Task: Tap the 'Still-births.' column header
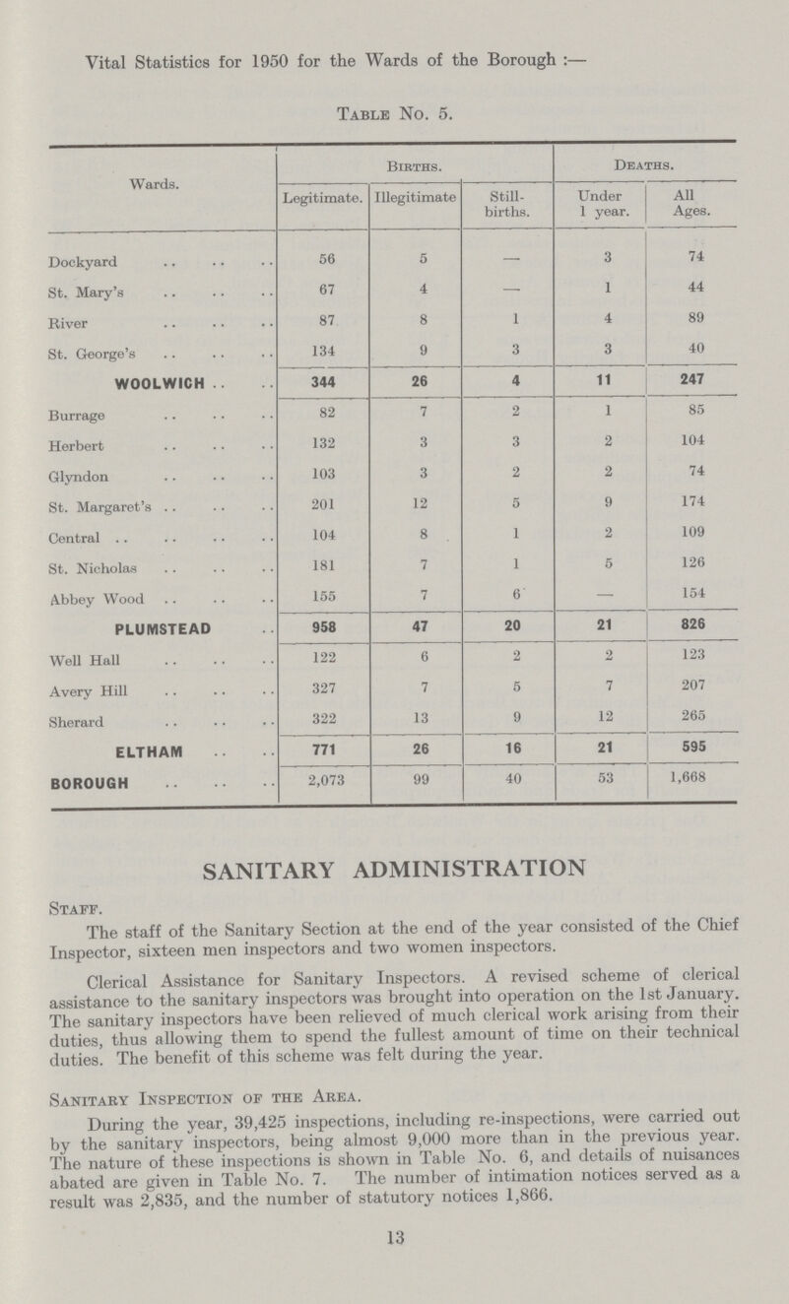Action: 508,207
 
